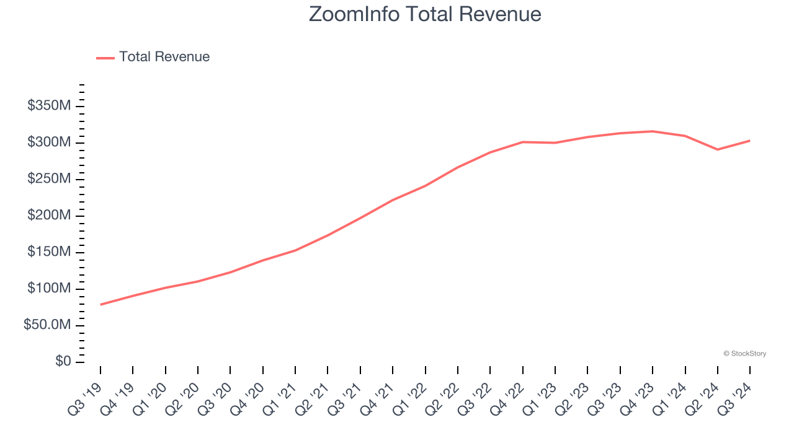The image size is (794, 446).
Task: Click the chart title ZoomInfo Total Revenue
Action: coord(425,14)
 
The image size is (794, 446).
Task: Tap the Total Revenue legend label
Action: coord(164,57)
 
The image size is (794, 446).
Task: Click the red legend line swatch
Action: coord(105,58)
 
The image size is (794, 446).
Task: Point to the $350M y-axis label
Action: coord(49,106)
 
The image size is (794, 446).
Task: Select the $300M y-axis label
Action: coord(49,142)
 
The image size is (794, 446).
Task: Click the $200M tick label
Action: coord(49,216)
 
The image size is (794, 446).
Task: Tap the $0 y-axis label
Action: coord(63,362)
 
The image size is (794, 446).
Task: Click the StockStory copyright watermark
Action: coord(744,354)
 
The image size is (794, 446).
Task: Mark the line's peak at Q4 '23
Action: coord(653,131)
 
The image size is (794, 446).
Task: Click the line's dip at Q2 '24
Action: coord(718,149)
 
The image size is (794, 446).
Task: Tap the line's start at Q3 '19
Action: coord(100,304)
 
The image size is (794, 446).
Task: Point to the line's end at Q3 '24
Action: coord(750,141)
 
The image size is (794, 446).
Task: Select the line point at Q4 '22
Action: coord(523,142)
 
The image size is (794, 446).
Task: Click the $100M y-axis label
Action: coord(49,289)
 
